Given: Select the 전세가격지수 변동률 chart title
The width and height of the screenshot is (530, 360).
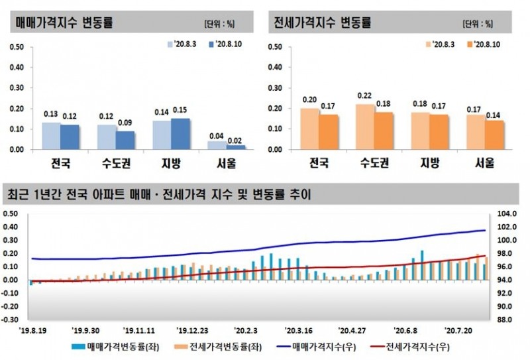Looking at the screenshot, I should pos(321,22).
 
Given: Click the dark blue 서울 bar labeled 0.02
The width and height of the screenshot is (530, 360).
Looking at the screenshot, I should pos(235,147).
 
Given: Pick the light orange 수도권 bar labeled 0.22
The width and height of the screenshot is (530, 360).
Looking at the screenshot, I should pos(365,127).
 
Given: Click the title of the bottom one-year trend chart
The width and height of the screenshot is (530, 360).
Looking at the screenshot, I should pos(159,195).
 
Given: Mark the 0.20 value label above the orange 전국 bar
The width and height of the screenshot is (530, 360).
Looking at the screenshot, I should pos(309,100).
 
